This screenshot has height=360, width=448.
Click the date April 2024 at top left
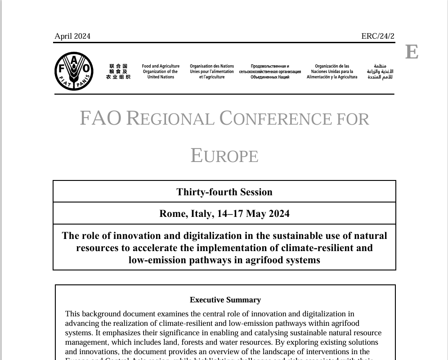[72, 36]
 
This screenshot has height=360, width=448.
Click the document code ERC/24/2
[377, 36]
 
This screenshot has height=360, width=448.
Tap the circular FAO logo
[74, 71]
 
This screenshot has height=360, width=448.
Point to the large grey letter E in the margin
[412, 52]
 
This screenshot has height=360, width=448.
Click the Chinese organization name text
[118, 72]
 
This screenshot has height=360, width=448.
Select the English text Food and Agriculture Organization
[161, 72]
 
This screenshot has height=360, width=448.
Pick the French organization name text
[212, 72]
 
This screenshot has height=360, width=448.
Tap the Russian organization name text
[270, 72]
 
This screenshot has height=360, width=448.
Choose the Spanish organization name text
[332, 72]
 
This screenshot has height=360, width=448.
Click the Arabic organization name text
[380, 72]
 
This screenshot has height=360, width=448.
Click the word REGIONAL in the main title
[170, 119]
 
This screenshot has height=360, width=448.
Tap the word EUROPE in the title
[224, 156]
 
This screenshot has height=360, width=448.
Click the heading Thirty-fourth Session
[224, 192]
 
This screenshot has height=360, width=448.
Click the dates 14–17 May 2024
[253, 213]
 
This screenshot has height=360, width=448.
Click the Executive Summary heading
[225, 300]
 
